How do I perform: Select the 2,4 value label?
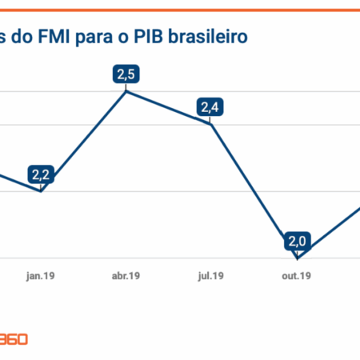point(210,106)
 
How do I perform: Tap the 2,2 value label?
point(41,174)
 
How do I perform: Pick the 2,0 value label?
point(298,240)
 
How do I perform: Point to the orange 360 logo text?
point(14,338)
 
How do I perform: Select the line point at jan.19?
point(41,191)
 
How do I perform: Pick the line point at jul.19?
point(210,124)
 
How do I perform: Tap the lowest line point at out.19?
point(298,258)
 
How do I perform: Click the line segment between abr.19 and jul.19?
point(169,108)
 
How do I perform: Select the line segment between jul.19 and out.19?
point(254,190)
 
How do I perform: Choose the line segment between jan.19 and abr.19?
point(84,141)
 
